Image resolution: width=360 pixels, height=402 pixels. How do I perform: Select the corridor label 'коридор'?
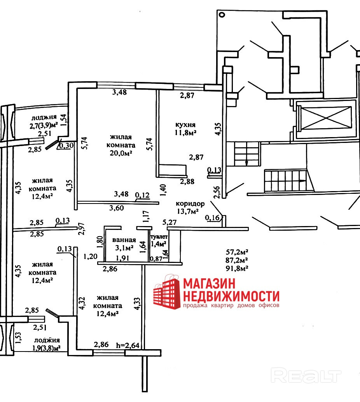tap(190, 204)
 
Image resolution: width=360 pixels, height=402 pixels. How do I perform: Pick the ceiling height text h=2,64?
tap(128, 345)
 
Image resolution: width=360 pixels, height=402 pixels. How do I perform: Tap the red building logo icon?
tap(166, 292)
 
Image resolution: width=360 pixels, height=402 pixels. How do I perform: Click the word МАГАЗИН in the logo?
tap(212, 283)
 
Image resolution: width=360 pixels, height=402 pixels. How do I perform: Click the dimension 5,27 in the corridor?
tap(170, 222)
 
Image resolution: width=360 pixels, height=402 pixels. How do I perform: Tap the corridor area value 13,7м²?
tap(187, 211)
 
